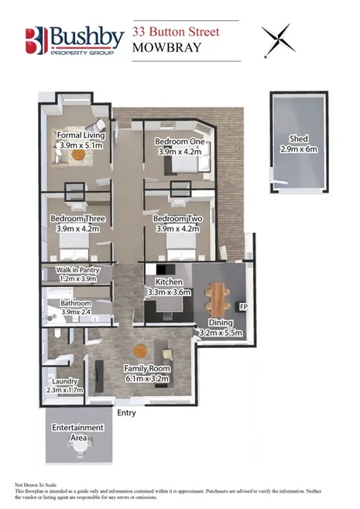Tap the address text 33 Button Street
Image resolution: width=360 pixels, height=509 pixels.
tap(176, 32)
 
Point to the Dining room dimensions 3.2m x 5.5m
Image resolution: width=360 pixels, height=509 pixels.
tap(221, 333)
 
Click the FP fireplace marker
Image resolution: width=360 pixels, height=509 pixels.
tap(244, 308)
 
